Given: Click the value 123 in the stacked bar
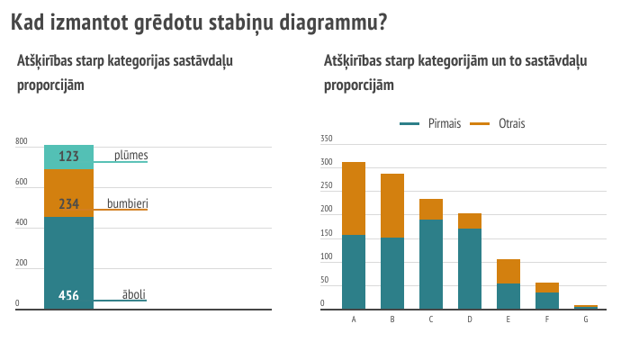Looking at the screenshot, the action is coord(68,156).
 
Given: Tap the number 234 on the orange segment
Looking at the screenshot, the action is coord(68,203).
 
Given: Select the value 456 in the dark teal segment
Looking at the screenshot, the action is coord(68,295).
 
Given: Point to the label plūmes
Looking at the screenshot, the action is coord(131,156).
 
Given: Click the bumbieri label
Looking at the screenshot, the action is coord(128,203).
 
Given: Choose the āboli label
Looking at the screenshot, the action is coord(134,294).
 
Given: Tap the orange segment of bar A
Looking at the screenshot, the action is coord(354,199).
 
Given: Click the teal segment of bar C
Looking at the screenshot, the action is coord(431,265).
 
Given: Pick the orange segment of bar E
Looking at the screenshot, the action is coord(508,272).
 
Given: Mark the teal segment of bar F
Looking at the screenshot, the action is coord(547,301).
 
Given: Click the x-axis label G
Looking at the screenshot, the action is coord(586,319).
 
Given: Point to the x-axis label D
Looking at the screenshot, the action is coord(470,319).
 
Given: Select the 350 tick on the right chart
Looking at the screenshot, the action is coord(326,139).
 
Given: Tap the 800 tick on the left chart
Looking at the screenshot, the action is coord(22,141).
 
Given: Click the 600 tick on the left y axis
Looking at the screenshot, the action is coord(22,182).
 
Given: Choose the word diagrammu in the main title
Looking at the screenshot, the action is coord(333,22).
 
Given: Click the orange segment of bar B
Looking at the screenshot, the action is coord(392,206).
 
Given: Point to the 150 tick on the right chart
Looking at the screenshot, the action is coord(326,233).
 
